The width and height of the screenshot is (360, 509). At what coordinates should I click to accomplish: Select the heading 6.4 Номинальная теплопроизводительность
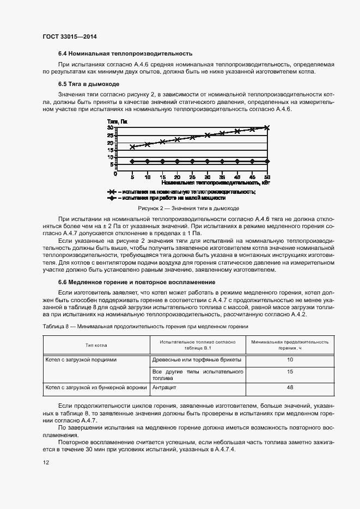point(126,54)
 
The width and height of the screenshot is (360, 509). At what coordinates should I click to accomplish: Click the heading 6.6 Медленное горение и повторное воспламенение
point(137,282)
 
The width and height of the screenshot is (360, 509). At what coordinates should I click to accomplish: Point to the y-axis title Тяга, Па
point(118,121)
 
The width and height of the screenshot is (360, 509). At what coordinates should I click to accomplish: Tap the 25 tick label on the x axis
point(192,178)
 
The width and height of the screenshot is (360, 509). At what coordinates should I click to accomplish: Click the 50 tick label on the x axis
point(267,178)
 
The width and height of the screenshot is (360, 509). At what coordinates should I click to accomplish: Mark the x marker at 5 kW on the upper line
point(132,147)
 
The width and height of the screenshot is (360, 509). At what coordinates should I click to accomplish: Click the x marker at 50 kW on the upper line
point(267,127)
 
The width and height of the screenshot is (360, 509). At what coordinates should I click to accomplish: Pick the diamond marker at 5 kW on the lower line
point(132,161)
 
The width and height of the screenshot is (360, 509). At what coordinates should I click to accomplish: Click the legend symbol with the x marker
point(112,192)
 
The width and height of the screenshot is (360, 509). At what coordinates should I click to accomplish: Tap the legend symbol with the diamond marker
point(112,199)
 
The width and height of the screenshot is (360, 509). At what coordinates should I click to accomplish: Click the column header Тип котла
point(96,345)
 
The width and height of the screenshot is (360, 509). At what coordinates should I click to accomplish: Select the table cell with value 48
point(290,388)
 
